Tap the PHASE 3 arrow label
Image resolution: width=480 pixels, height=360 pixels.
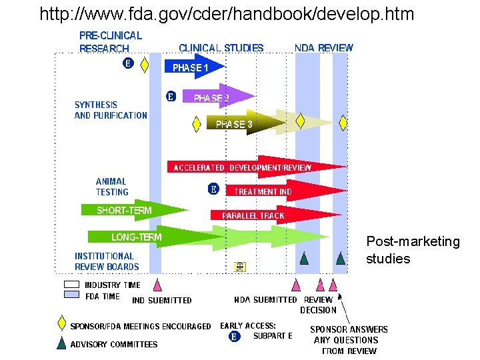tap(234, 124)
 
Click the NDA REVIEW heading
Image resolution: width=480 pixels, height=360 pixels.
tap(324, 48)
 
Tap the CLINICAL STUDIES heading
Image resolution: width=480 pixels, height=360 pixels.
tap(221, 48)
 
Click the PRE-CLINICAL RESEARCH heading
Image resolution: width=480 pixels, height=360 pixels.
tap(111, 42)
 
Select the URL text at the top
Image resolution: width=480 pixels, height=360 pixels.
tap(227, 13)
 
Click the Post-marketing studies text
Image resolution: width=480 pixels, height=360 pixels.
tap(413, 250)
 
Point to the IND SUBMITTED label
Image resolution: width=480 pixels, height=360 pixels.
tap(162, 301)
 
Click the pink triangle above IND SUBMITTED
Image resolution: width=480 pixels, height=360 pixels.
tap(157, 285)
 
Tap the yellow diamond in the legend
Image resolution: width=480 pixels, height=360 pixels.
tap(61, 323)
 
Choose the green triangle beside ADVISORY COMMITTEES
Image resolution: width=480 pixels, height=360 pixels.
tap(61, 343)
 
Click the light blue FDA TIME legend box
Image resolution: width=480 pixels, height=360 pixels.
tap(71, 295)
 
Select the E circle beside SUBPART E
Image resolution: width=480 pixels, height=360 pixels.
tap(234, 337)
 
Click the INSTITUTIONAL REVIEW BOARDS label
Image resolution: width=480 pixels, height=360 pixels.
tap(107, 261)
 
